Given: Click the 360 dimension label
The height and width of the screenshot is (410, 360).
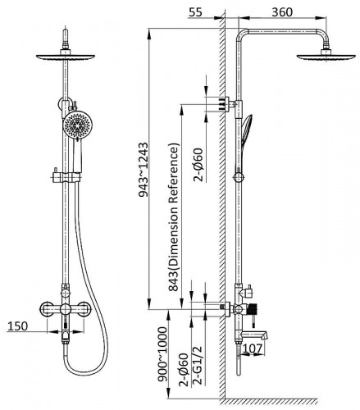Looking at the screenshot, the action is (282, 12).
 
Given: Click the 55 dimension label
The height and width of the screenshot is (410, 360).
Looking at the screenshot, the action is (195, 12).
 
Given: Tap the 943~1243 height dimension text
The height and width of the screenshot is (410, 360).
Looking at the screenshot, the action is (144, 170).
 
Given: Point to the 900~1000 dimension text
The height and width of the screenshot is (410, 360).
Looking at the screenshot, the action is (162, 353).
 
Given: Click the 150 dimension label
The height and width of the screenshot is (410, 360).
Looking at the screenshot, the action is (17, 326).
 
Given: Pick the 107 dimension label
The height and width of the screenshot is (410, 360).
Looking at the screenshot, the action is (253, 348).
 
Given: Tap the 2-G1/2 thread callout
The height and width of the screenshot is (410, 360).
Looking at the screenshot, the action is (198, 365).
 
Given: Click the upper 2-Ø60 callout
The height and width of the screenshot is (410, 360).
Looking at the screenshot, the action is (198, 165).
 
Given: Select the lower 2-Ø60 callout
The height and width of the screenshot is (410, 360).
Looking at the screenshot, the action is (184, 370).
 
